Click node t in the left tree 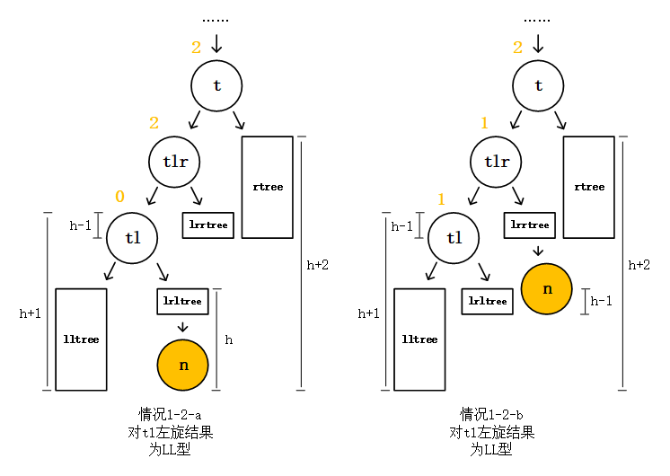click(216, 86)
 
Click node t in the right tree click(538, 86)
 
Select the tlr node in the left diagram click(174, 162)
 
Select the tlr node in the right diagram click(497, 162)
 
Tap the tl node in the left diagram click(132, 238)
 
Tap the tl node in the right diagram click(454, 238)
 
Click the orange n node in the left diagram click(183, 365)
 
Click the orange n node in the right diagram click(547, 289)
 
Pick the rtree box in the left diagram click(268, 187)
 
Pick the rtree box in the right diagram click(589, 187)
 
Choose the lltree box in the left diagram click(81, 339)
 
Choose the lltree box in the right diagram click(419, 339)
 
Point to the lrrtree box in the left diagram click(208, 225)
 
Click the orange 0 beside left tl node click(119, 197)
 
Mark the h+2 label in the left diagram click(318, 265)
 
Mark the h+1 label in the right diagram click(368, 313)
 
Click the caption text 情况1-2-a click(170, 415)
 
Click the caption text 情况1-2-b click(491, 415)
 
